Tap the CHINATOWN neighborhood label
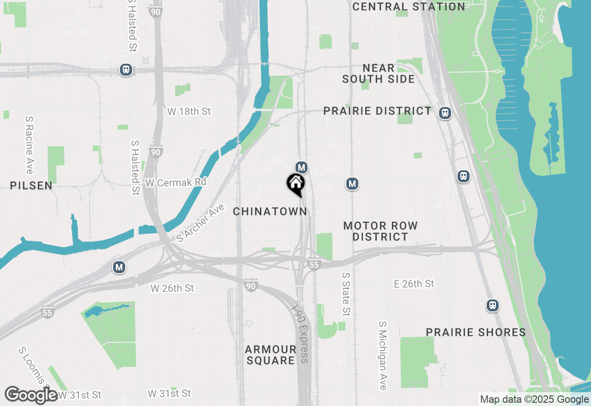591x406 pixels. (x=270, y=211)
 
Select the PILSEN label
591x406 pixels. (x=31, y=185)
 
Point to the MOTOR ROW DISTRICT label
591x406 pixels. (x=380, y=231)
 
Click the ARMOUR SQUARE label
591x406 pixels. (x=271, y=355)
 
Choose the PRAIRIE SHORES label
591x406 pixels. (x=476, y=332)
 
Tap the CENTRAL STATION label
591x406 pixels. (x=409, y=6)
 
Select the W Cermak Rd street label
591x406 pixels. (x=176, y=183)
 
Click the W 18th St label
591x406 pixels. (x=189, y=111)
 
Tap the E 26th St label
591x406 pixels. (x=414, y=284)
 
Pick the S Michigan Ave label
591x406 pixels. (x=382, y=356)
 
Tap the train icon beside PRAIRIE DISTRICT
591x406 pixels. (x=445, y=113)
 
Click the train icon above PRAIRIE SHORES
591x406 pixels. (x=493, y=305)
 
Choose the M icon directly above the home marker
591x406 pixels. (x=302, y=167)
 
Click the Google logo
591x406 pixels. (x=31, y=395)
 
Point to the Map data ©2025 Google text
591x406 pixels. (x=534, y=400)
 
